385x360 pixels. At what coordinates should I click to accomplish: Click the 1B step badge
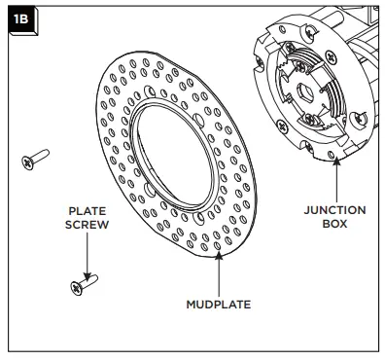click(22, 20)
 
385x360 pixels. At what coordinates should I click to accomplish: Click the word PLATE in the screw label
click(87, 211)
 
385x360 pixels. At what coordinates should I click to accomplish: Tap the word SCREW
click(87, 225)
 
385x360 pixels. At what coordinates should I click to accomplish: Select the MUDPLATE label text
click(219, 305)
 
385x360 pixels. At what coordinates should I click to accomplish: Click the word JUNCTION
click(334, 210)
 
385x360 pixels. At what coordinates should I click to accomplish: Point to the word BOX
click(334, 224)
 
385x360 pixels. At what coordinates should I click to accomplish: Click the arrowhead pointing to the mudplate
click(219, 255)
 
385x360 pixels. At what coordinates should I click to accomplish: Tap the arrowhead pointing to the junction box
click(336, 161)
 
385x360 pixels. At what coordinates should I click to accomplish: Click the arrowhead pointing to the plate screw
click(87, 276)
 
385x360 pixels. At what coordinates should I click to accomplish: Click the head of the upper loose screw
click(27, 162)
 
